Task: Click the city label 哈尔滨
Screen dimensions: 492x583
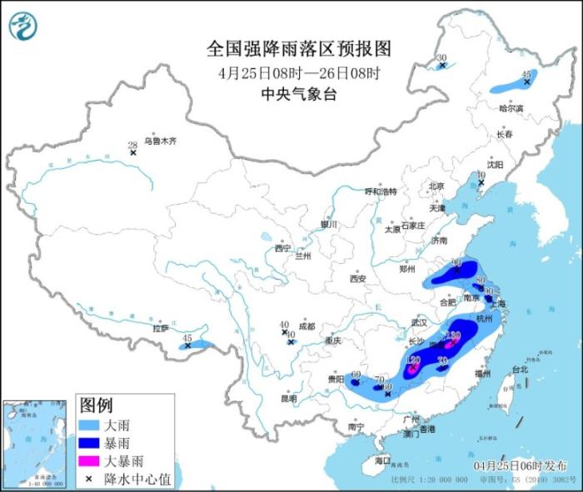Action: [x=511, y=108]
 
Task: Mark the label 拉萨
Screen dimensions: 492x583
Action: [x=160, y=328]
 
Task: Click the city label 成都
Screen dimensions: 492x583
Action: [x=307, y=326]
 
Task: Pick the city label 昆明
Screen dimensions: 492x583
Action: [x=288, y=397]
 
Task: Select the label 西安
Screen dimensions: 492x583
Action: [x=359, y=278]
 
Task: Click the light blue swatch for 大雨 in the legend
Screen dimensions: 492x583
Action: [x=90, y=425]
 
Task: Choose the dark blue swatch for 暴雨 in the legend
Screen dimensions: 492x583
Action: [x=90, y=442]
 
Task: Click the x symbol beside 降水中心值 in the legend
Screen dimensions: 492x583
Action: [x=89, y=478]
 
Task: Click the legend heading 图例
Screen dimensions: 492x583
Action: [x=96, y=405]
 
